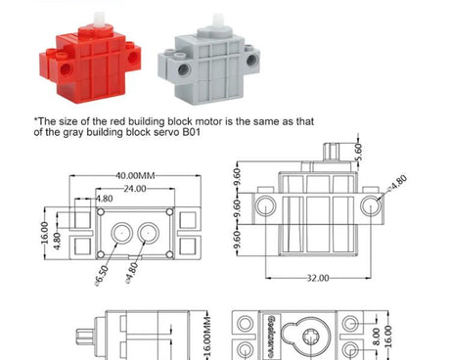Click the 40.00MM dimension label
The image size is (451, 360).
(134, 175)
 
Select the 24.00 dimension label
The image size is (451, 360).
(134, 188)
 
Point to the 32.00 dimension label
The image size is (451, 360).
(314, 279)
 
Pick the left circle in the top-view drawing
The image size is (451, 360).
(121, 232)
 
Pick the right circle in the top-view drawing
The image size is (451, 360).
(148, 232)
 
